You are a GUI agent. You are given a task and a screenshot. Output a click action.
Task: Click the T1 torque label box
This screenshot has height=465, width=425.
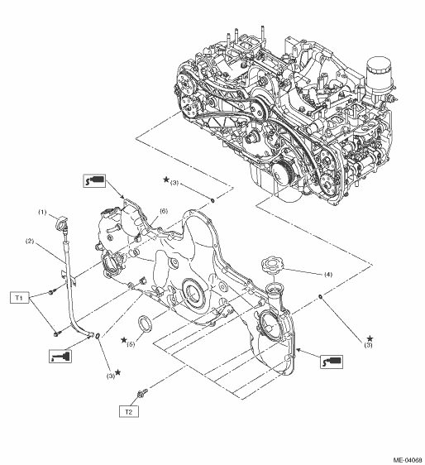(x=20, y=297)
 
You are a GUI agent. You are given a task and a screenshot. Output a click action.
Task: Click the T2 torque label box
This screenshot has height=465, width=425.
(x=129, y=411)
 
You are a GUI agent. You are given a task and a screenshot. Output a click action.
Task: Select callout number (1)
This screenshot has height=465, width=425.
(x=42, y=212)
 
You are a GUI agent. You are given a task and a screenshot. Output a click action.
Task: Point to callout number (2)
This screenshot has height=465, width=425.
(x=30, y=241)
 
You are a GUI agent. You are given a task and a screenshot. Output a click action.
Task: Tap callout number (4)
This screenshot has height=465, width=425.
(x=328, y=275)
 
